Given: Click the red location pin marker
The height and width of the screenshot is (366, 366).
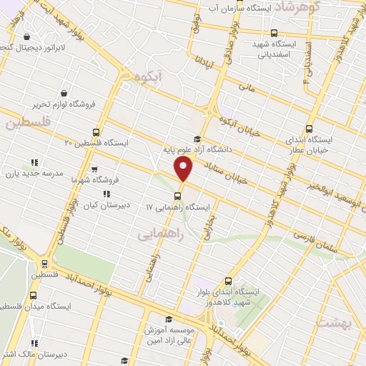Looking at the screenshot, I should [x=184, y=169].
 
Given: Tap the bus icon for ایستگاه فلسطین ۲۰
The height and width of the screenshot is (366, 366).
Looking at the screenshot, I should [x=97, y=132].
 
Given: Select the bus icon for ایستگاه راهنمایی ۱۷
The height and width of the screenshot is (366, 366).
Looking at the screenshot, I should [x=177, y=195].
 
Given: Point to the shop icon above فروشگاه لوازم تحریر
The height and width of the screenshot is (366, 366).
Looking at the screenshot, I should [x=64, y=93].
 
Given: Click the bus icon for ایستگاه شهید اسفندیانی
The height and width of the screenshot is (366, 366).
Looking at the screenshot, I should [x=274, y=32].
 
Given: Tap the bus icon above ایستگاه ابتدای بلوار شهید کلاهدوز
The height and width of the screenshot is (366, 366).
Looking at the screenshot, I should [x=228, y=281].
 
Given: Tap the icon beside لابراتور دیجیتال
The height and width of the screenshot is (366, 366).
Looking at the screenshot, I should [x=27, y=37].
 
